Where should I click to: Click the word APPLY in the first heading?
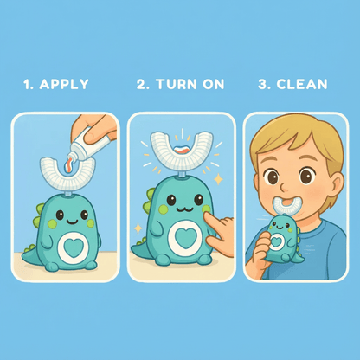click(64, 84)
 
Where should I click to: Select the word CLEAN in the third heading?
click(302, 84)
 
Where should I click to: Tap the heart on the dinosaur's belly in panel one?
click(74, 247)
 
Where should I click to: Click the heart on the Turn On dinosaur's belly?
click(186, 238)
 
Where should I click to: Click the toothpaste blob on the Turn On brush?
click(182, 150)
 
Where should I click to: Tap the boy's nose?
click(284, 185)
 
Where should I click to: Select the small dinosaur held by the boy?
click(282, 240)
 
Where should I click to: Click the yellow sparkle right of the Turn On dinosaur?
click(219, 179)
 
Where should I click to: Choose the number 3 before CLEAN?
click(262, 84)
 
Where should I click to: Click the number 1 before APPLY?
click(27, 84)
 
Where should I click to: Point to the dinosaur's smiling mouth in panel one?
click(72, 222)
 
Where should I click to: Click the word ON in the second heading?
click(214, 84)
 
